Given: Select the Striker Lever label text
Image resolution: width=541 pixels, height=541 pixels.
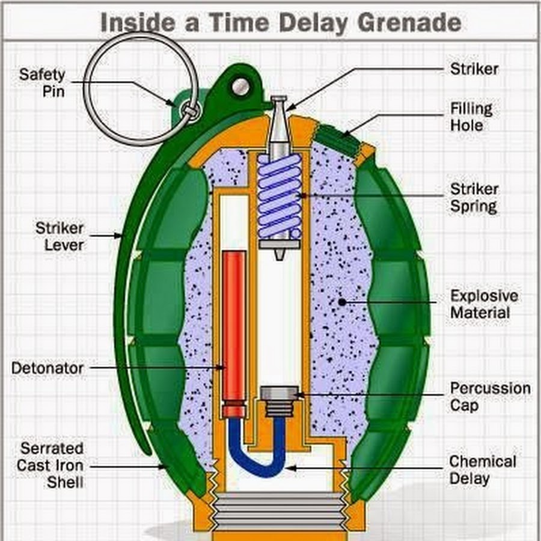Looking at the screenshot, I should pyautogui.click(x=59, y=236).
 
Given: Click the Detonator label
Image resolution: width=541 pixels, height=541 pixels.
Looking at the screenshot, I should pyautogui.click(x=47, y=367).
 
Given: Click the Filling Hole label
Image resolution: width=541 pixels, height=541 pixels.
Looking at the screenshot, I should pyautogui.click(x=471, y=117).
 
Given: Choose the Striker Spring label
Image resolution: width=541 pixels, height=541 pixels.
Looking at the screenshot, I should pyautogui.click(x=474, y=198).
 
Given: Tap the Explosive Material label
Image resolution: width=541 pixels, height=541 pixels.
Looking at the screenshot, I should pyautogui.click(x=483, y=304).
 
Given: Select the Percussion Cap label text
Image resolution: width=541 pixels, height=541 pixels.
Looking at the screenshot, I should pyautogui.click(x=490, y=396).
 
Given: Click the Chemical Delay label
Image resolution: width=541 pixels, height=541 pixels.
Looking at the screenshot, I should pyautogui.click(x=483, y=470).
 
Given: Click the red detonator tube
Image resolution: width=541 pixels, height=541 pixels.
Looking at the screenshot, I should pyautogui.click(x=234, y=325).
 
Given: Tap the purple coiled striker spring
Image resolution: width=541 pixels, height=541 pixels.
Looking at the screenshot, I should pyautogui.click(x=279, y=195).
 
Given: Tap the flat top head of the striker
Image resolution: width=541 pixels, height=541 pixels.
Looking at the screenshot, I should pyautogui.click(x=279, y=99).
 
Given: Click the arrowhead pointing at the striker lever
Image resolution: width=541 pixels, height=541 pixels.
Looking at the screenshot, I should pyautogui.click(x=118, y=236).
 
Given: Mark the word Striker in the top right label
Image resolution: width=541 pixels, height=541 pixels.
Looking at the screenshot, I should pyautogui.click(x=474, y=69).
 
